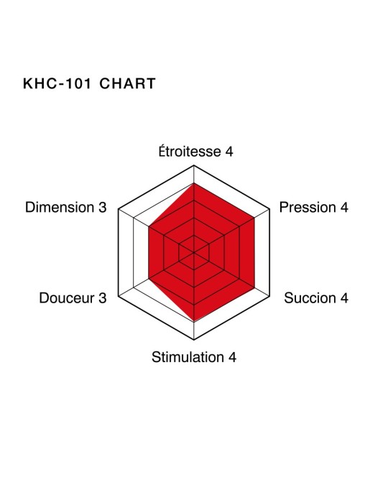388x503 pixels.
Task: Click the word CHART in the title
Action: pyautogui.click(x=127, y=83)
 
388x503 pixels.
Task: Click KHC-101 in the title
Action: pyautogui.click(x=57, y=83)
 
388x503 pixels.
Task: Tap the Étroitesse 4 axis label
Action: pyautogui.click(x=195, y=152)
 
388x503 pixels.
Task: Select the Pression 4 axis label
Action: pyautogui.click(x=313, y=207)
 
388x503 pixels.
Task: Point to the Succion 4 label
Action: pyautogui.click(x=316, y=298)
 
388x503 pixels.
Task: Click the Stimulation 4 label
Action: pyautogui.click(x=194, y=357)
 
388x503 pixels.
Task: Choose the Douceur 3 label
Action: pyautogui.click(x=73, y=298)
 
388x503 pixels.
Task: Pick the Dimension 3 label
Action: pyautogui.click(x=65, y=207)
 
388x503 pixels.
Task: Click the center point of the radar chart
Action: pyautogui.click(x=194, y=252)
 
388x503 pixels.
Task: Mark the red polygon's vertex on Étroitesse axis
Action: pyautogui.click(x=194, y=183)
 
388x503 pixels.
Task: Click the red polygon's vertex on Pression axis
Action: pyautogui.click(x=254, y=218)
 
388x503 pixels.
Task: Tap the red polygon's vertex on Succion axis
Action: pyautogui.click(x=254, y=287)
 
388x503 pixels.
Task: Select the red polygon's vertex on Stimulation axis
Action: pyautogui.click(x=194, y=322)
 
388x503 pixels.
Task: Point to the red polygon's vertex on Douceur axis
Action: pyautogui.click(x=149, y=279)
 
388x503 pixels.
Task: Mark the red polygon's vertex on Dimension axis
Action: pyautogui.click(x=149, y=226)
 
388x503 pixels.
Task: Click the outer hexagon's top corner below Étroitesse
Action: pyautogui.click(x=194, y=165)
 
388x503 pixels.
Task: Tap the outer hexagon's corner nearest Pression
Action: pyautogui.click(x=269, y=209)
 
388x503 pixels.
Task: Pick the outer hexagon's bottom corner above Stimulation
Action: pyautogui.click(x=194, y=339)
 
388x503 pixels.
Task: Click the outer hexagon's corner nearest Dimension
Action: pyautogui.click(x=119, y=209)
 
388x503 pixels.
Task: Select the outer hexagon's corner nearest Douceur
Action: pyautogui.click(x=119, y=296)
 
